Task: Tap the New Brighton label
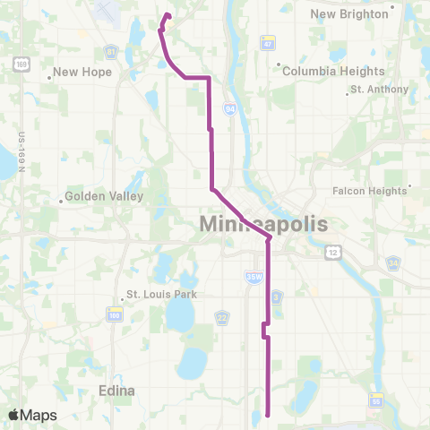[x=350, y=13]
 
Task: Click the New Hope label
[x=82, y=73]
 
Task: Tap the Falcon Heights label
[x=370, y=190]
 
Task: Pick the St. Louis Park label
[x=159, y=294]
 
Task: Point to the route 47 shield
[x=267, y=42]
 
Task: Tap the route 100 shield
[x=115, y=315]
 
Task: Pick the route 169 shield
[x=19, y=64]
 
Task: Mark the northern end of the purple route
[x=168, y=14]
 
